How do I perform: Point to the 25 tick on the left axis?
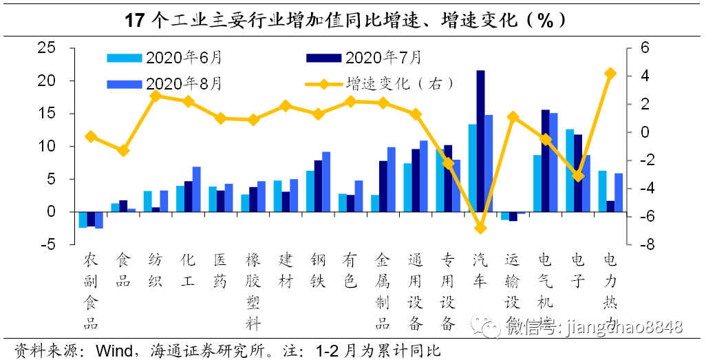45,48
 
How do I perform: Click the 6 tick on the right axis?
644,48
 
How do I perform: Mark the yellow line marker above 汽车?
480,228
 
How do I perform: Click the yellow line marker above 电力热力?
610,74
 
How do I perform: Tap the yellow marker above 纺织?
156,96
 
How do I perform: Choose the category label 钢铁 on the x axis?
318,271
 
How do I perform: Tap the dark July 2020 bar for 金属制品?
383,187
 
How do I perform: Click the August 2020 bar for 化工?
196,189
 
